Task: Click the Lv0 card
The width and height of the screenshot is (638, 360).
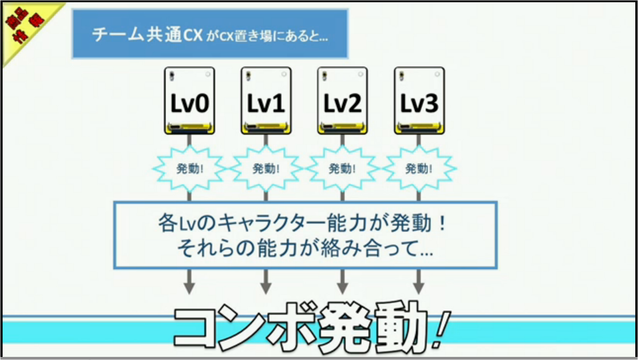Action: tap(189, 100)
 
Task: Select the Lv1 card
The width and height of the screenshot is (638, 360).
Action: tap(266, 100)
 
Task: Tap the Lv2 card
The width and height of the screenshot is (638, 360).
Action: tap(342, 100)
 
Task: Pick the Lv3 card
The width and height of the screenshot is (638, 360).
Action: tap(419, 100)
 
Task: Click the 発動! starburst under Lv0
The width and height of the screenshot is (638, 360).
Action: tap(189, 168)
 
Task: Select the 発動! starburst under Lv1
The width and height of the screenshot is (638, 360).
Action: tap(266, 168)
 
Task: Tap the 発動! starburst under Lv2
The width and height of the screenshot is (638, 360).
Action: tap(342, 168)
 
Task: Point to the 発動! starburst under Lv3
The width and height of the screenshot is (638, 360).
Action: tap(419, 168)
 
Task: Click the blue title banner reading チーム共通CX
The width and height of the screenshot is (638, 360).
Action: tap(210, 34)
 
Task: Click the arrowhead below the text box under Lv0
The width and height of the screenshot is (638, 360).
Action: tap(189, 288)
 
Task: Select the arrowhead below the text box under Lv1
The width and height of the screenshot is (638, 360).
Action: tap(266, 288)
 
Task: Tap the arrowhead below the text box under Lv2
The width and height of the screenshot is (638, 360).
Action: tap(343, 288)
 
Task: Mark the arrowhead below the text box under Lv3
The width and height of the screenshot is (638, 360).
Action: tap(419, 288)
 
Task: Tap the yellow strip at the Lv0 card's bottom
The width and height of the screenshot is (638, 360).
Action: tap(189, 127)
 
